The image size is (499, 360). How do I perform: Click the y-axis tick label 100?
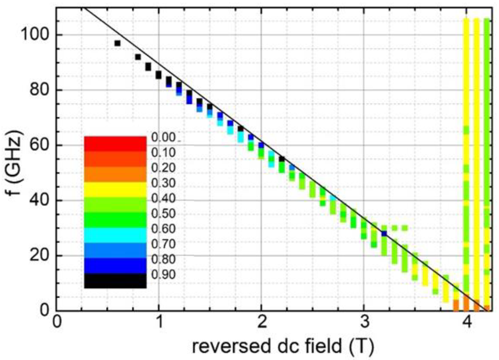pos(34,35)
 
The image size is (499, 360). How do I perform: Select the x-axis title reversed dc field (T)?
pos(283,347)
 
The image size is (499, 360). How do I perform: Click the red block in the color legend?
pos(115,144)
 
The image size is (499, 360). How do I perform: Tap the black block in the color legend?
pos(115,281)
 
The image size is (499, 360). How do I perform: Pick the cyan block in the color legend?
pos(115,235)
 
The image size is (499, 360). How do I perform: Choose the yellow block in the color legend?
pos(115,189)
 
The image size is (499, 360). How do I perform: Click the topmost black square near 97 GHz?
pos(117,43)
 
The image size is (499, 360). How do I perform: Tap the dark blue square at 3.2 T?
pos(384,234)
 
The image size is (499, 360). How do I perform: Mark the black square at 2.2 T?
pos(282,159)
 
